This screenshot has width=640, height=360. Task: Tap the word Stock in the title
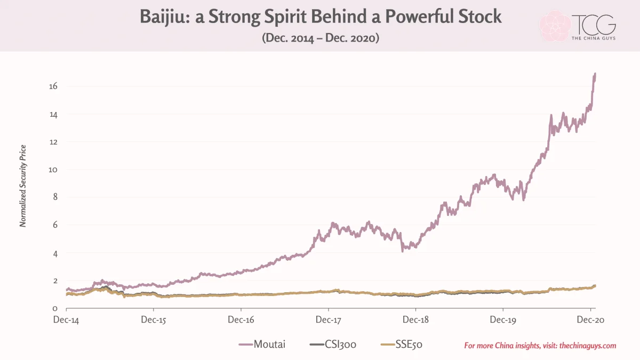point(480,17)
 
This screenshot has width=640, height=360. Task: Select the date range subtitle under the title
point(321,38)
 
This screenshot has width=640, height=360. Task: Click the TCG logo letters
point(594,25)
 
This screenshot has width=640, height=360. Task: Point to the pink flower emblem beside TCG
point(555,26)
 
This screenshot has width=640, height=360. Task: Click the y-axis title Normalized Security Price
point(23,186)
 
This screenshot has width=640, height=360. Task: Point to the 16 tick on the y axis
point(53,86)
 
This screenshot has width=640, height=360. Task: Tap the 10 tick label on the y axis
point(53,170)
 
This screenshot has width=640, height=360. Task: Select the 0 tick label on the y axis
point(55,309)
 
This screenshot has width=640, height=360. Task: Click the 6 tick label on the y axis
point(55,225)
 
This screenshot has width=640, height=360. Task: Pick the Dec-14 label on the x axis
point(66,319)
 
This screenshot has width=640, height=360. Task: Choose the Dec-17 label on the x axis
point(329,319)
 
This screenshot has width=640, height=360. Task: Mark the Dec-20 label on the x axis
point(590,319)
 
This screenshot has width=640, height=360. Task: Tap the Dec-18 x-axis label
point(415,319)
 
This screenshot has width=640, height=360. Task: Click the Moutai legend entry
point(262,345)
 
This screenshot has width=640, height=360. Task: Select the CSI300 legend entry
point(333,345)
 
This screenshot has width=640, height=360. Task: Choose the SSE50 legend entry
point(402,345)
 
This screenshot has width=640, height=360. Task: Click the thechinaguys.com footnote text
point(540,346)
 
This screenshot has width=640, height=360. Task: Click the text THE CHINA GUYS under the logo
point(594,38)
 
